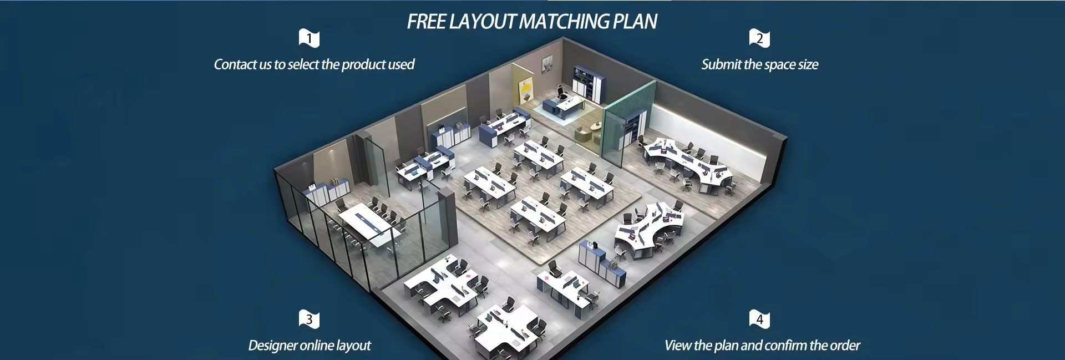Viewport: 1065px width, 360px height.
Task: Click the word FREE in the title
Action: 426,22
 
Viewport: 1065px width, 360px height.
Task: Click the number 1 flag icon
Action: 309,38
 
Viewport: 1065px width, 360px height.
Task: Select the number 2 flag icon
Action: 759,38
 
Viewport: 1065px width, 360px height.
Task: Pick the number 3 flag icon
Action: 309,319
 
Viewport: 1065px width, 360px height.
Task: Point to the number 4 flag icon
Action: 759,319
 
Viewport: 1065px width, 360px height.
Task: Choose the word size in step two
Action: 808,64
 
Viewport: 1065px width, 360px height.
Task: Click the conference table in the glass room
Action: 366,225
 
